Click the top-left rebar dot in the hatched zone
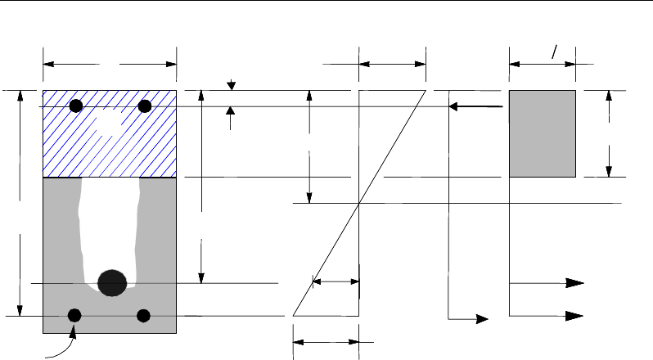coord(76,106)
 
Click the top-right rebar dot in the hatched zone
coord(145,106)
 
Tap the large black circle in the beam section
coord(112,282)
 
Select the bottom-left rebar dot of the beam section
coord(74,315)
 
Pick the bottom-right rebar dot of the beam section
coord(145,315)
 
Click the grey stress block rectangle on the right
coord(543,133)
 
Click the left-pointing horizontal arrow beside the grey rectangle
coord(475,106)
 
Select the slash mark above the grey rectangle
coord(554,52)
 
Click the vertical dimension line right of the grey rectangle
coord(608,133)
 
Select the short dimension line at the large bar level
coord(336,282)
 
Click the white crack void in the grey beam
coord(110,221)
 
